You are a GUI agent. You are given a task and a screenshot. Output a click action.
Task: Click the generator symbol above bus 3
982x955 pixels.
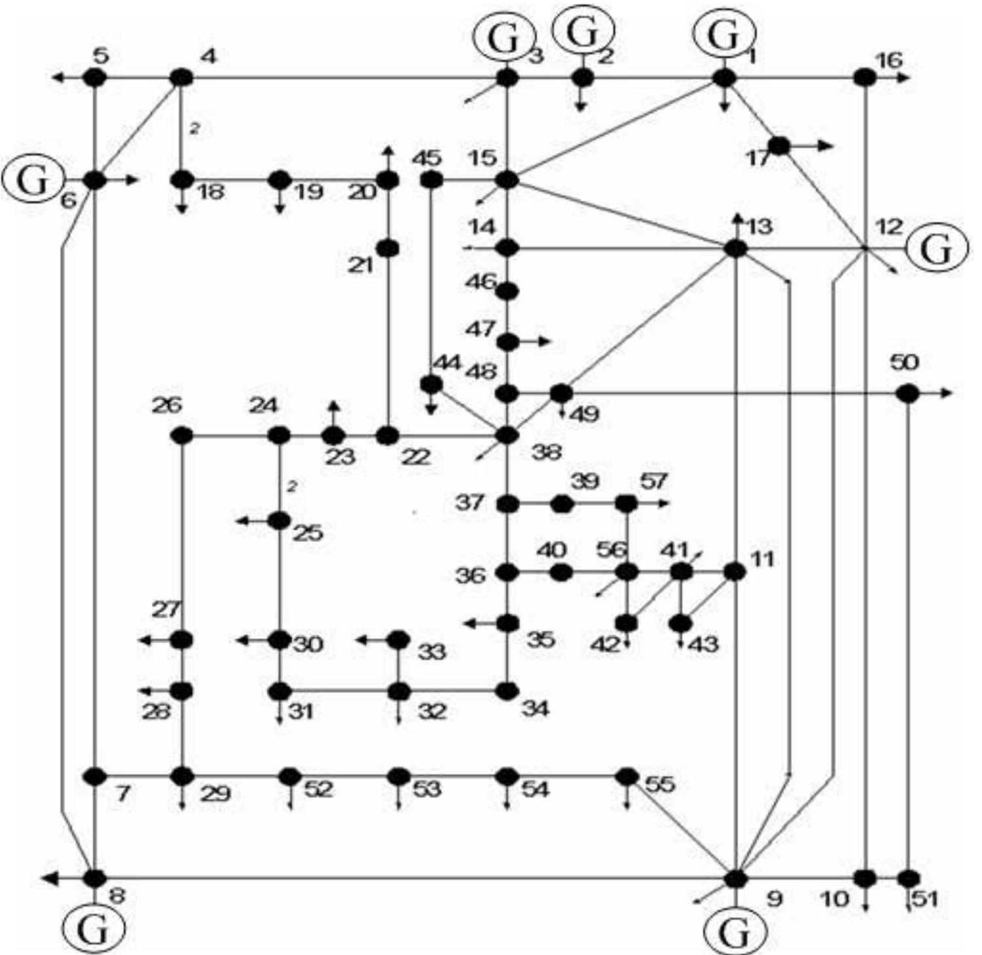(505, 39)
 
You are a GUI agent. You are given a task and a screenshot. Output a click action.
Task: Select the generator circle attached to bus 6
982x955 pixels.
(32, 179)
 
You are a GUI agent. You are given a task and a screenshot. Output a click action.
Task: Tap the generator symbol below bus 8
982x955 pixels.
(93, 929)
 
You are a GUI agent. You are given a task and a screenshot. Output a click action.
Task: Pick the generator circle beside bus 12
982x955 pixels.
(937, 249)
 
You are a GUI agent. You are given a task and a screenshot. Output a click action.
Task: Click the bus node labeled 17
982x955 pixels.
(778, 146)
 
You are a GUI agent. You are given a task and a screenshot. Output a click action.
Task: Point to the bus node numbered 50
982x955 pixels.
(907, 393)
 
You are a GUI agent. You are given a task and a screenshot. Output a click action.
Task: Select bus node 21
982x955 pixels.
(388, 249)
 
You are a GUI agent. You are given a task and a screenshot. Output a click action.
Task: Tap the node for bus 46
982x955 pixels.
(507, 291)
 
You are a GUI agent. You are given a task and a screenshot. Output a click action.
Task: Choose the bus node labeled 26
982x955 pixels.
(181, 435)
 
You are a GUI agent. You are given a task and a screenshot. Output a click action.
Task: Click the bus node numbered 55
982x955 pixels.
(627, 776)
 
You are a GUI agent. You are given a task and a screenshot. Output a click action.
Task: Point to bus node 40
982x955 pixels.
(561, 573)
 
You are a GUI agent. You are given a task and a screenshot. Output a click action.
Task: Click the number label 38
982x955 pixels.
(546, 452)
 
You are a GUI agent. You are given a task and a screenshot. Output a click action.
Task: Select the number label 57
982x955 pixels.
(653, 482)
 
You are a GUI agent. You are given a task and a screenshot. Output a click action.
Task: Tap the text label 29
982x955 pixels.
(215, 793)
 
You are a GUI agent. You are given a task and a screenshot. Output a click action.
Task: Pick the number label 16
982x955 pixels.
(889, 60)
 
